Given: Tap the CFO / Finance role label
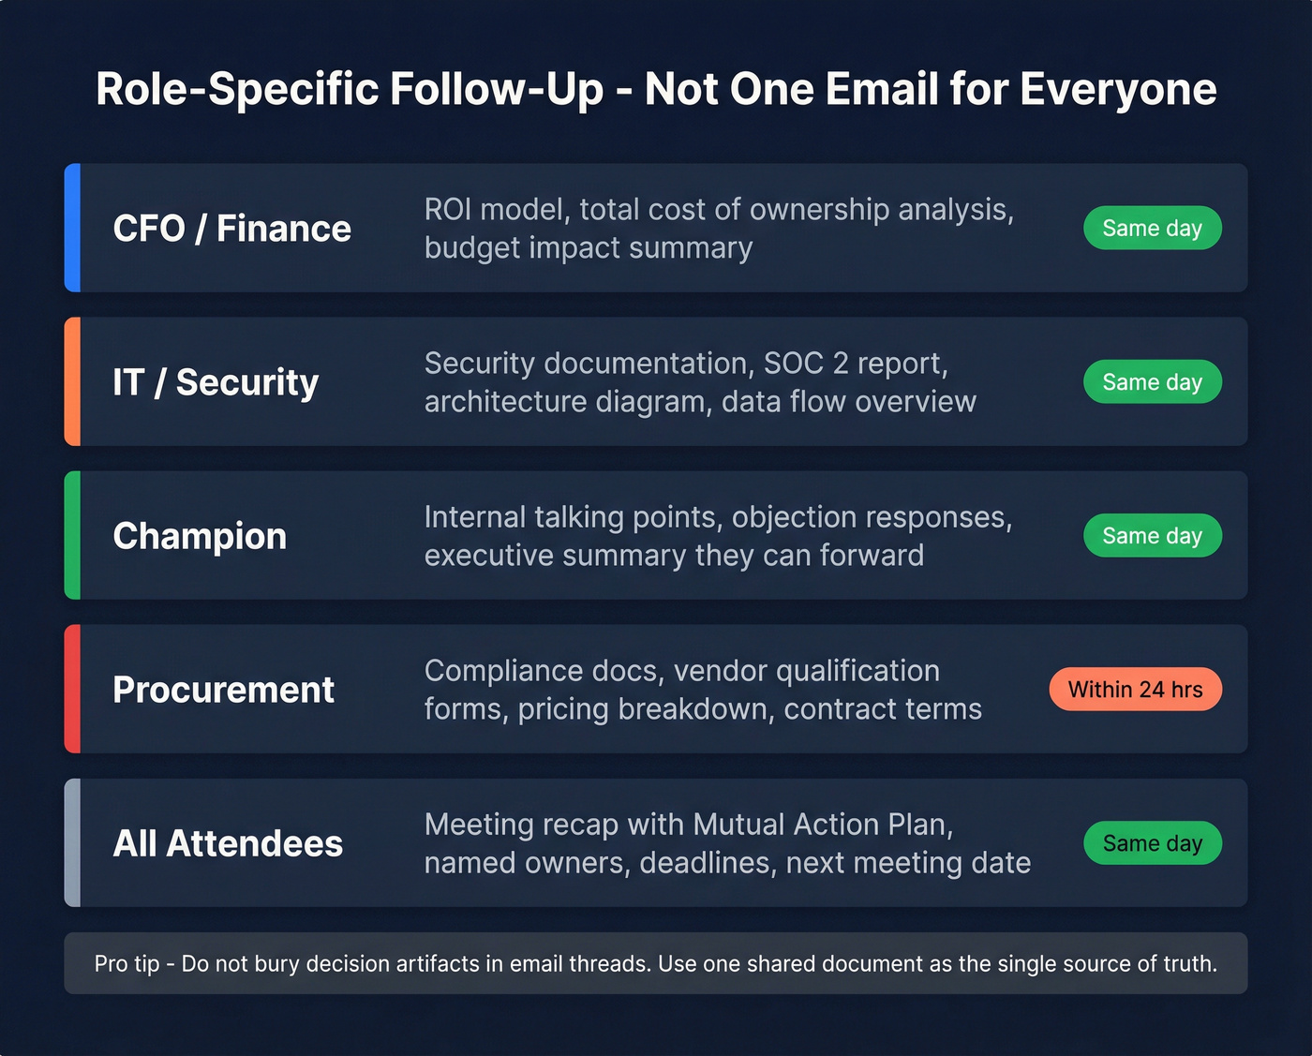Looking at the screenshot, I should [x=231, y=229].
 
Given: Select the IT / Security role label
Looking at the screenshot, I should [x=216, y=382].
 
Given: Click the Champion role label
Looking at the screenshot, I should [x=200, y=536].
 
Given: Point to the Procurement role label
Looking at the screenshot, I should [x=223, y=690].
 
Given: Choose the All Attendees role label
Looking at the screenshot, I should [x=228, y=843].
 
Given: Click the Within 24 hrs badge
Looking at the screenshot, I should [x=1135, y=690].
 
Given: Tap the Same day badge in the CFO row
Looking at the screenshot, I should [x=1152, y=229].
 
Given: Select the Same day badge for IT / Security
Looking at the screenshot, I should [x=1152, y=382].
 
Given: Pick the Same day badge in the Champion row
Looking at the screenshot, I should [x=1152, y=536].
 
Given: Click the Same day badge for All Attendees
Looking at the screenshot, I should [x=1152, y=843].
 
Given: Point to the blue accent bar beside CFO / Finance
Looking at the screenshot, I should [x=72, y=228].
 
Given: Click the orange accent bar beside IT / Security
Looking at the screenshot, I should [x=72, y=381].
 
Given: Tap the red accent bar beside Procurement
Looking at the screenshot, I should [x=72, y=689].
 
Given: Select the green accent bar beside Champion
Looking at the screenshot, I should [x=72, y=535].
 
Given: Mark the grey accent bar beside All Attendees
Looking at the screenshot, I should [x=72, y=842].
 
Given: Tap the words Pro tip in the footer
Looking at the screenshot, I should [x=127, y=963].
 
